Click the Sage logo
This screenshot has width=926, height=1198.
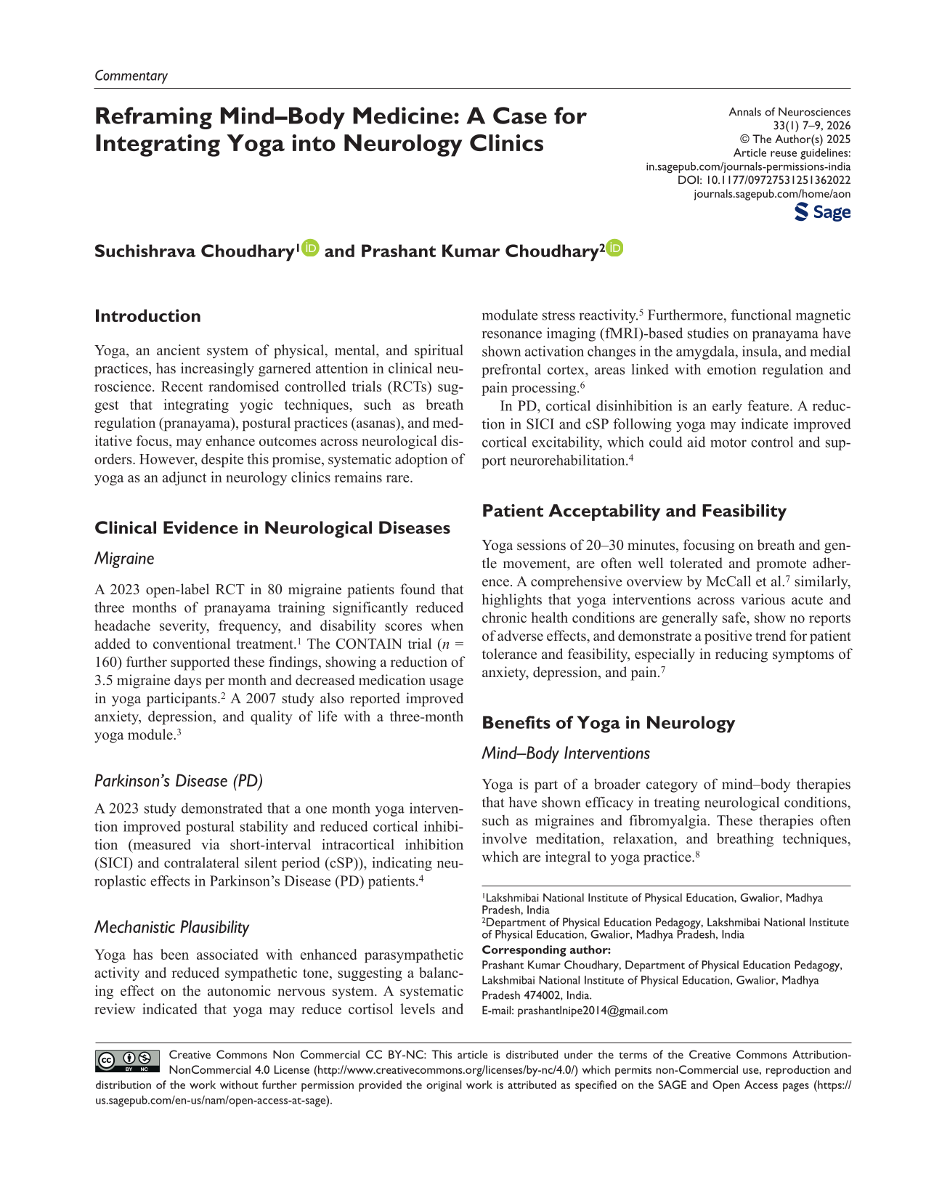[x=823, y=212]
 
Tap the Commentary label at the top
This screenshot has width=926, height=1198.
[x=131, y=76]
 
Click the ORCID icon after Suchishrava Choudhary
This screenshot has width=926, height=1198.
[x=311, y=248]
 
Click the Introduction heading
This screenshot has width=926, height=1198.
[x=147, y=316]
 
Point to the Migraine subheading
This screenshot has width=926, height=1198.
[x=124, y=559]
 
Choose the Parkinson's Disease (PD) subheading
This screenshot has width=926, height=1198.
[x=179, y=781]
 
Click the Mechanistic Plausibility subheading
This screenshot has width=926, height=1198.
[x=171, y=927]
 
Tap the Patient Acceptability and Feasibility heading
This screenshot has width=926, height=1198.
[x=633, y=511]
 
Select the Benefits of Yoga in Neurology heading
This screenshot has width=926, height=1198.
[x=608, y=723]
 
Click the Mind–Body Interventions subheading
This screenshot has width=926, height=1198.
[x=566, y=753]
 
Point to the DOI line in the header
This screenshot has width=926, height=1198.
[x=764, y=180]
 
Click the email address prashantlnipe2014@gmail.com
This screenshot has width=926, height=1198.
[x=592, y=1011]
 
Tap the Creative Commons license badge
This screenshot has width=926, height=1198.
[x=128, y=1061]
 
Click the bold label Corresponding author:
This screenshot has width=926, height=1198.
[x=546, y=950]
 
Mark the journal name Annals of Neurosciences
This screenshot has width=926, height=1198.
[x=789, y=112]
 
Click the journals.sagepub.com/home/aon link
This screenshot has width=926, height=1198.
[x=772, y=194]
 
